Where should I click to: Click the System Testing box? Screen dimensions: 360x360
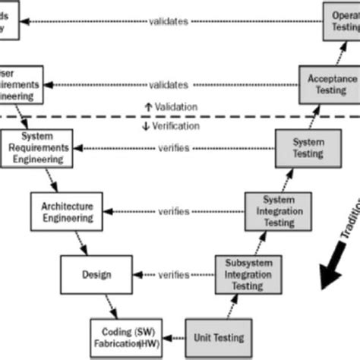click(x=301, y=147)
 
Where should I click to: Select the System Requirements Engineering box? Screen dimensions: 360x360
click(x=34, y=147)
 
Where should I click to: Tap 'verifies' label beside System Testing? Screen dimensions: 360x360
click(x=169, y=148)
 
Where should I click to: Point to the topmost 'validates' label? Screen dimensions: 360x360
click(x=169, y=21)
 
